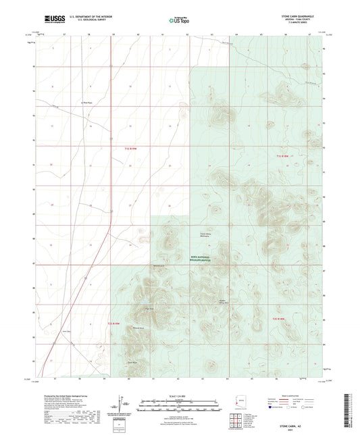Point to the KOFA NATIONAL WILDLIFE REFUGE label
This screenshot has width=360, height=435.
[197, 259]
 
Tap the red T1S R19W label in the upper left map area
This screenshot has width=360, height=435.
[130, 146]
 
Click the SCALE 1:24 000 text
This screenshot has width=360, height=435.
[179, 395]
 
